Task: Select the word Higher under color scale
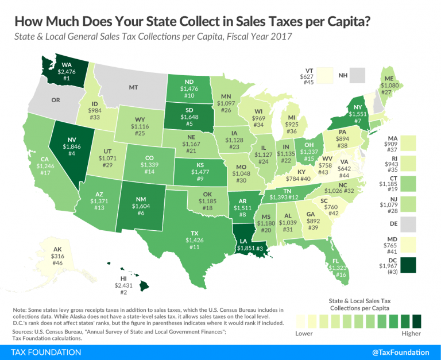(411, 333)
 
